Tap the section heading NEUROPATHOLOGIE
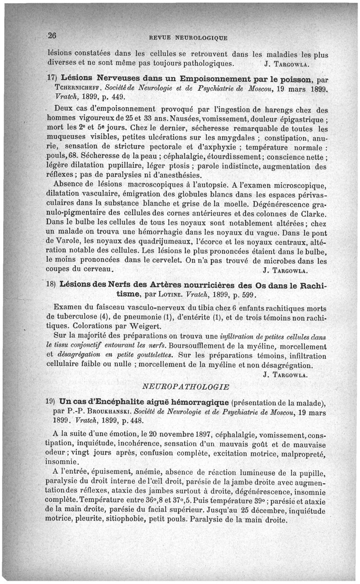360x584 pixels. (x=186, y=386)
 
